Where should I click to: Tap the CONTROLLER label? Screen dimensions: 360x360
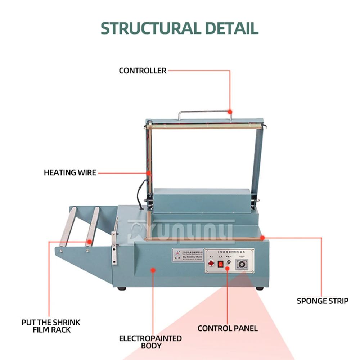[143, 71]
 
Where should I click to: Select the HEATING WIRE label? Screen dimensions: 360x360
[70, 172]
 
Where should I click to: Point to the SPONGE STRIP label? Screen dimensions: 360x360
[323, 301]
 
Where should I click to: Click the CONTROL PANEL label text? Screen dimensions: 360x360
[228, 328]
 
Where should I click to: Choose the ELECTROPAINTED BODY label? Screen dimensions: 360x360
[150, 342]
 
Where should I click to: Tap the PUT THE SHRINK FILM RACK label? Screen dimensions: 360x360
[51, 326]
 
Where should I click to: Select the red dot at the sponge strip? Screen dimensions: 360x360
[263, 238]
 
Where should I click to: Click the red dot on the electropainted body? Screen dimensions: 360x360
[153, 269]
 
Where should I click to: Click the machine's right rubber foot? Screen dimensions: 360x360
[259, 289]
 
